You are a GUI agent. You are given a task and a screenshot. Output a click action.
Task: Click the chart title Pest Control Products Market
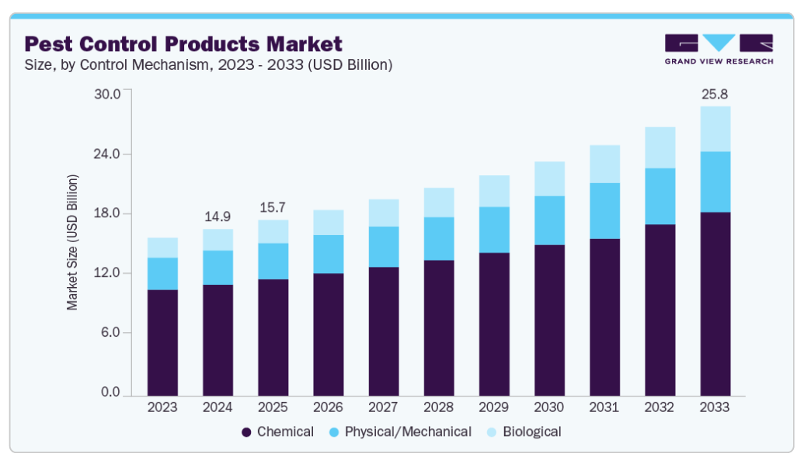[183, 43]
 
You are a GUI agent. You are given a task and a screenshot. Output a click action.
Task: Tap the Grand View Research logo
[719, 49]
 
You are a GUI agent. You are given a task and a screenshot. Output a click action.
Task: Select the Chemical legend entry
[278, 431]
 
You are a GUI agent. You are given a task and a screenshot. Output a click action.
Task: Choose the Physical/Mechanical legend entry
[399, 431]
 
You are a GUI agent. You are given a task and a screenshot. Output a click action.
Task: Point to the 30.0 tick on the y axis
[107, 94]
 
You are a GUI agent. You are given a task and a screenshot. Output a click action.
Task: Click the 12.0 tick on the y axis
[107, 273]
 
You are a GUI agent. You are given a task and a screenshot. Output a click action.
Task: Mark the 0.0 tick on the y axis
[110, 393]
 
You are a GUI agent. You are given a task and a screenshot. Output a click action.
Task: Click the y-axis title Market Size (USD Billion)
[72, 242]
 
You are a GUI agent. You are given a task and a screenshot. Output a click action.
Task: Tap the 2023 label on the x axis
[162, 407]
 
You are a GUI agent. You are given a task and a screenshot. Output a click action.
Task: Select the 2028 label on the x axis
[439, 407]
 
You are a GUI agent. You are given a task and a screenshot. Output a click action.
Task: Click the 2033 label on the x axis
[715, 407]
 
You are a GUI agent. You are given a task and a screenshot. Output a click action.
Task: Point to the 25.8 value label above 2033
[715, 94]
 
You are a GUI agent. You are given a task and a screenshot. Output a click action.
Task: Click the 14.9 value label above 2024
[218, 216]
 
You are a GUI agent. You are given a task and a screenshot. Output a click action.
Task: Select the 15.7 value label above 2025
[273, 208]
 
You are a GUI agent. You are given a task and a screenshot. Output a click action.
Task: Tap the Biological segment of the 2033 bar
[715, 129]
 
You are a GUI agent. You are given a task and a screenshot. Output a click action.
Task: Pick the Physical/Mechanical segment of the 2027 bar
[384, 247]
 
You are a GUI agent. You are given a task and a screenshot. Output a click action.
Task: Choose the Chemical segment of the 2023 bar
[162, 342]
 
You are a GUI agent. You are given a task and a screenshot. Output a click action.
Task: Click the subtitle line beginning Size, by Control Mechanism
[208, 65]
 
